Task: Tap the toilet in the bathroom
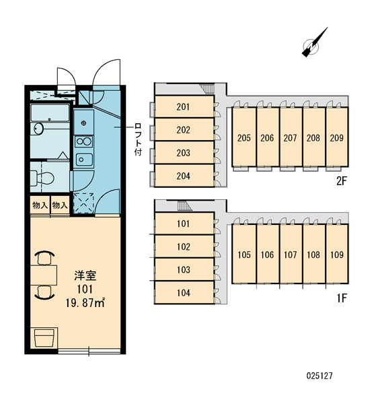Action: pos(42,178)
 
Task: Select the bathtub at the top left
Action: pos(50,113)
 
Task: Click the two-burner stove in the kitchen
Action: pos(83,141)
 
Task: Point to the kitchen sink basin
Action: pos(84,160)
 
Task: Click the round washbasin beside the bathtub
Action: pos(38,129)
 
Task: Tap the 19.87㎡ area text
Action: pos(85,303)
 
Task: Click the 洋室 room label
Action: pos(85,275)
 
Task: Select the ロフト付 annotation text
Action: pos(139,139)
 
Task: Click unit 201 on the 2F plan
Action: pos(184,106)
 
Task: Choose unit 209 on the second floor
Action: pos(337,138)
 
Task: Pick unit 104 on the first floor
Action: pos(184,293)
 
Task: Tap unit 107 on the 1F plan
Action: pos(291,255)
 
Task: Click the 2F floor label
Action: pos(342,181)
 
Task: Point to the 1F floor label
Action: pos(342,298)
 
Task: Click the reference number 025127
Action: pos(320,376)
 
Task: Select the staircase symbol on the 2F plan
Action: pos(207,89)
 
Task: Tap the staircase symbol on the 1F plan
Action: pos(184,207)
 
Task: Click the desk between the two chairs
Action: pos(44,275)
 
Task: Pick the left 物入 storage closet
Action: pos(40,205)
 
